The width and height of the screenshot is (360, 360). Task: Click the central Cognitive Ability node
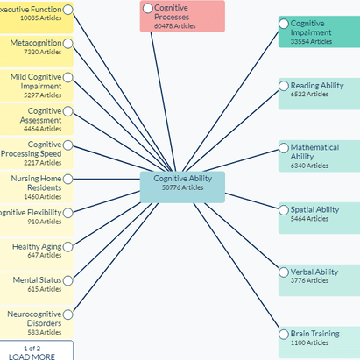tap(182, 182)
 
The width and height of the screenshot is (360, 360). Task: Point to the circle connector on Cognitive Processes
tap(146, 8)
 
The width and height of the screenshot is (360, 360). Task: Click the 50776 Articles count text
tap(182, 187)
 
